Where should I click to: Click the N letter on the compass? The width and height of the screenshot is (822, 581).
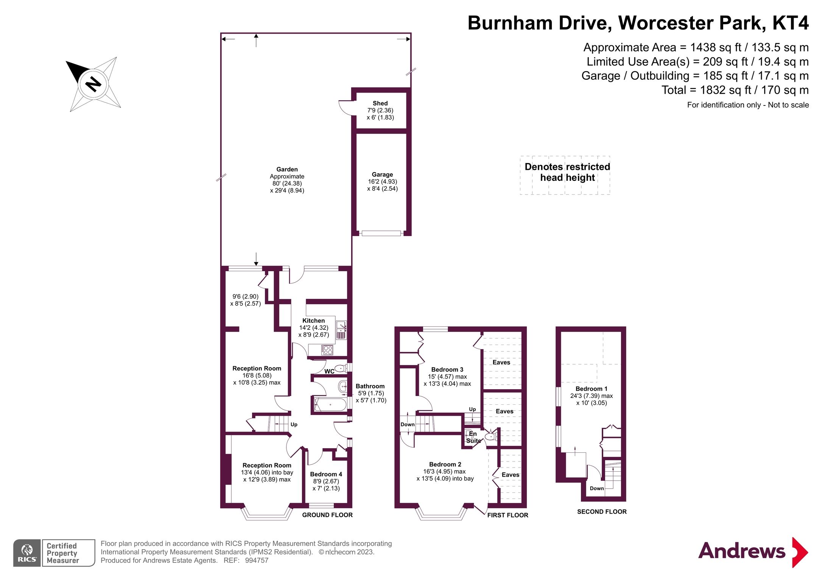(x=93, y=84)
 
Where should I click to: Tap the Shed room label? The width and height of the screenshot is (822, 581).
(x=380, y=103)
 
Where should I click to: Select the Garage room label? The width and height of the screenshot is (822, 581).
(x=382, y=174)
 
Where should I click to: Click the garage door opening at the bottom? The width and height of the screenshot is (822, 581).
(x=381, y=233)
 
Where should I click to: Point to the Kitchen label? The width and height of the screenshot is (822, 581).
(x=313, y=320)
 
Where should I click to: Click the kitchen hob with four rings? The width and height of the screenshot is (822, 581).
(x=327, y=350)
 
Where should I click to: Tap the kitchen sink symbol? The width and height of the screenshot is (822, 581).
(x=341, y=325)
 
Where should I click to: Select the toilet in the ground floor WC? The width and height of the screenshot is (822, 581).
(x=341, y=368)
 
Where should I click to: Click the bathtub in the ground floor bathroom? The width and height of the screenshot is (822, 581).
(x=330, y=405)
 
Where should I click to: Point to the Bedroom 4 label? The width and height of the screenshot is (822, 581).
(x=326, y=474)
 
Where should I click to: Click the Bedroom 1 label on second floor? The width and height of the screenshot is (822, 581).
(x=591, y=389)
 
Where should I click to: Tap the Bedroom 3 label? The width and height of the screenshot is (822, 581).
(x=447, y=370)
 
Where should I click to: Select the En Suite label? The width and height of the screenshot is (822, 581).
(x=473, y=437)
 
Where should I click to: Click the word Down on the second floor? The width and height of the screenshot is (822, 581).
(x=596, y=488)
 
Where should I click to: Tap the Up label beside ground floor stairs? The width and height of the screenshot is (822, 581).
(x=294, y=424)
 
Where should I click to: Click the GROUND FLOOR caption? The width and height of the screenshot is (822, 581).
(x=327, y=515)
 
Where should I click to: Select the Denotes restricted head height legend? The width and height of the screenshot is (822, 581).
(x=567, y=172)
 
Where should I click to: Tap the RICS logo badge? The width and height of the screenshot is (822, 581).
(x=27, y=553)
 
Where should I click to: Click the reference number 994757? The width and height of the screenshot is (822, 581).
(x=257, y=561)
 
